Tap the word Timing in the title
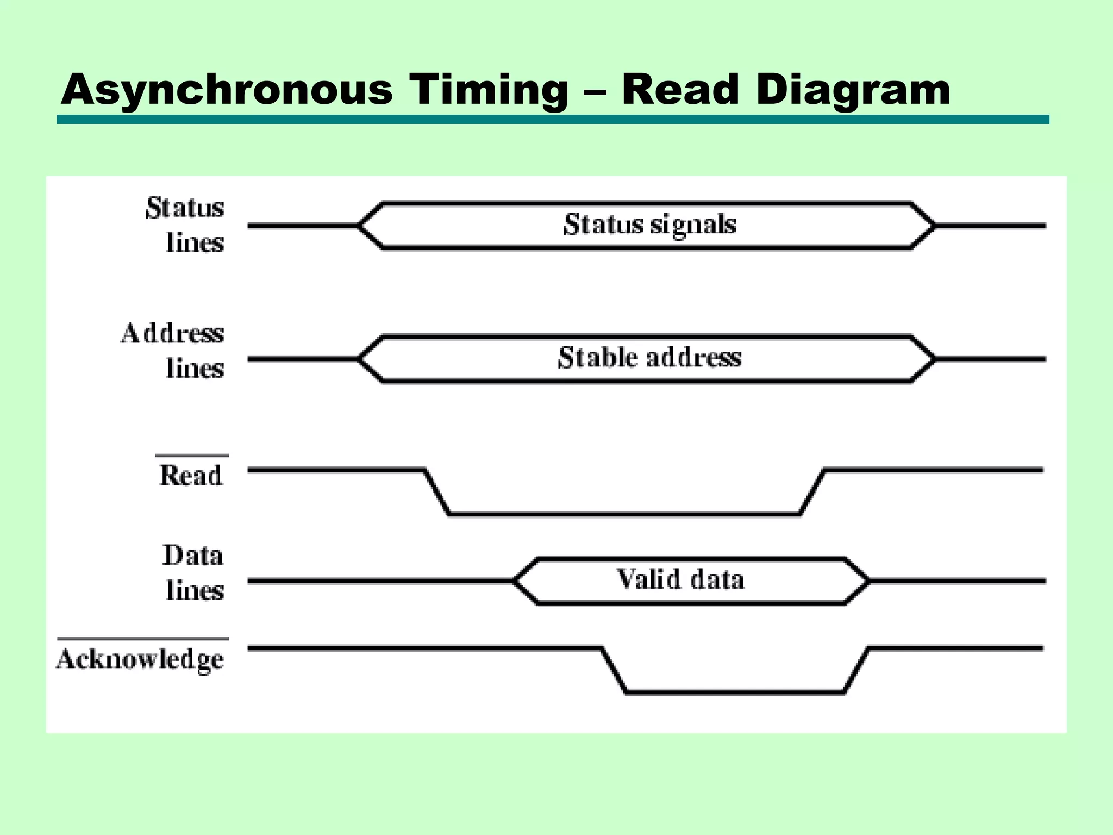489,90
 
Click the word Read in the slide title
680,90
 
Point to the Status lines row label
185,225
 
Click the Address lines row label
173,351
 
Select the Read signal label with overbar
191,475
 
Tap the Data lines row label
193,573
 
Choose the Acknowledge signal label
141,659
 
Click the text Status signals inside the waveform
649,225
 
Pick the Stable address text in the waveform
649,358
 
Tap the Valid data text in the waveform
680,579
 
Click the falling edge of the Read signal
437,492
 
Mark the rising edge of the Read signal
812,492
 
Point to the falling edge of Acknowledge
614,670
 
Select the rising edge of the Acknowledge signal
856,670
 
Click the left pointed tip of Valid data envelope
514,581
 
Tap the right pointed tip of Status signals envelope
935,225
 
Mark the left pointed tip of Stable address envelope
359,359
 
